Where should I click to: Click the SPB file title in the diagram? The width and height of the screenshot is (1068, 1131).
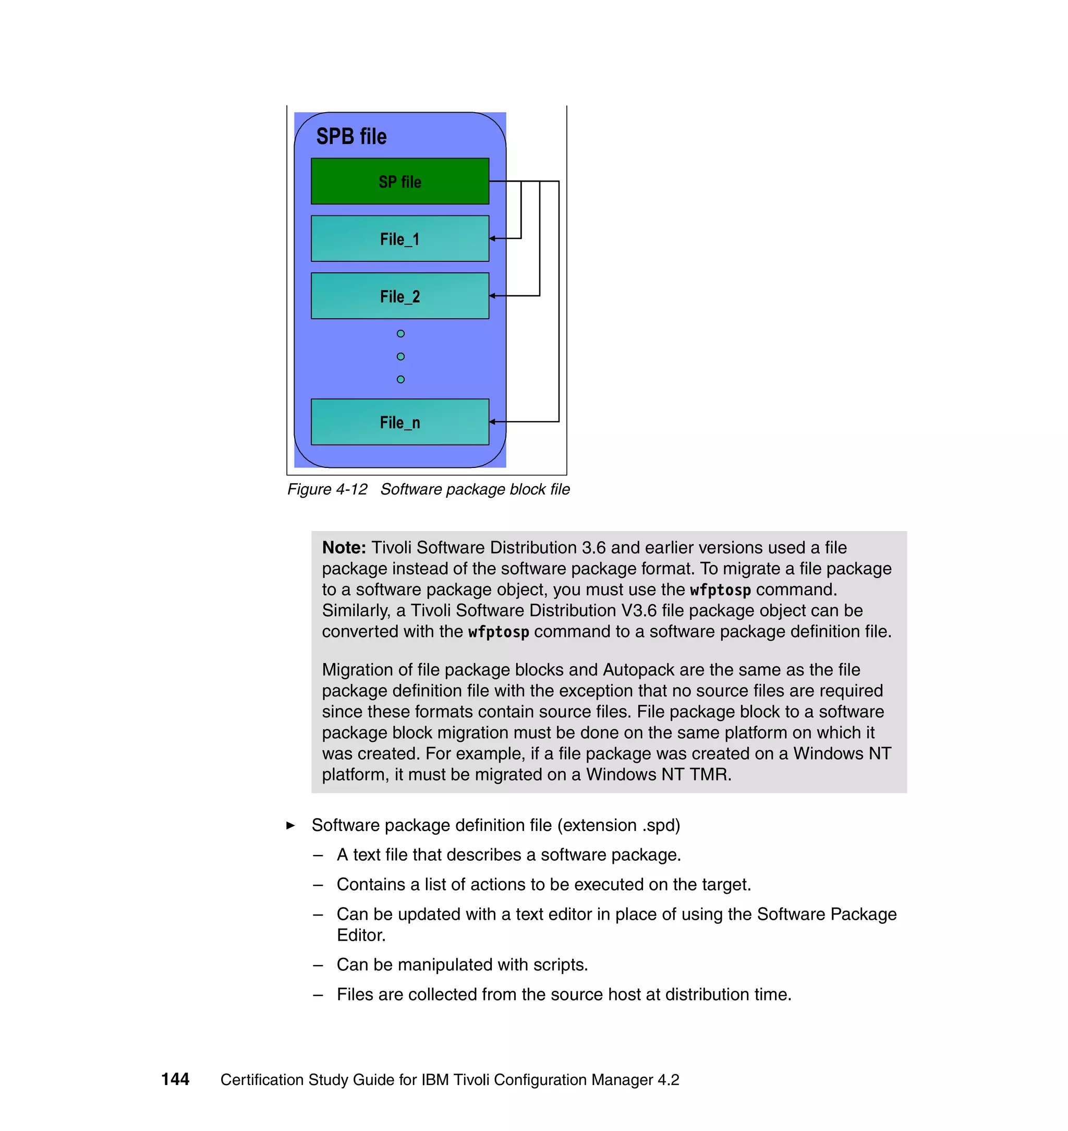[351, 137]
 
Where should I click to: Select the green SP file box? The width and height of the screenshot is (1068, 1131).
[399, 181]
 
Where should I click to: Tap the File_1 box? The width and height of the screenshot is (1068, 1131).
[399, 238]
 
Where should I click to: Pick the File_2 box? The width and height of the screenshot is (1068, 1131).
[399, 296]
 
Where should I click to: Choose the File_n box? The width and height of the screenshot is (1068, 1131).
[399, 422]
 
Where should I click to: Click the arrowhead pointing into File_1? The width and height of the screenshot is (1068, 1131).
[492, 238]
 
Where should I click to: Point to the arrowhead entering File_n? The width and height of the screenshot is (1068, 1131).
[492, 422]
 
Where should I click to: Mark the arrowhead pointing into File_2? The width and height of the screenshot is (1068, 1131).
[492, 296]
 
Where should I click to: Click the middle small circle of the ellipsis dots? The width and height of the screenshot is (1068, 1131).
[401, 356]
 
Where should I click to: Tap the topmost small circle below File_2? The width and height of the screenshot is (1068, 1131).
[401, 334]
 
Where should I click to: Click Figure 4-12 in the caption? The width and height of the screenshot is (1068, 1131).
[327, 489]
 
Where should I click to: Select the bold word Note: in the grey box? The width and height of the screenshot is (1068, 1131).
[344, 548]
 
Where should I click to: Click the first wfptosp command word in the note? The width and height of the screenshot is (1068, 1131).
[720, 590]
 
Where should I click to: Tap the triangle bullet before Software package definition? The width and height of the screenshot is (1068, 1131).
[291, 825]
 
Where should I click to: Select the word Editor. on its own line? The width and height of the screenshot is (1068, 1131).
[361, 935]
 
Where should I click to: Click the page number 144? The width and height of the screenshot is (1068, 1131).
[175, 1079]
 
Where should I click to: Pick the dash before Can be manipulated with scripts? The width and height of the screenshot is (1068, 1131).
[318, 965]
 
